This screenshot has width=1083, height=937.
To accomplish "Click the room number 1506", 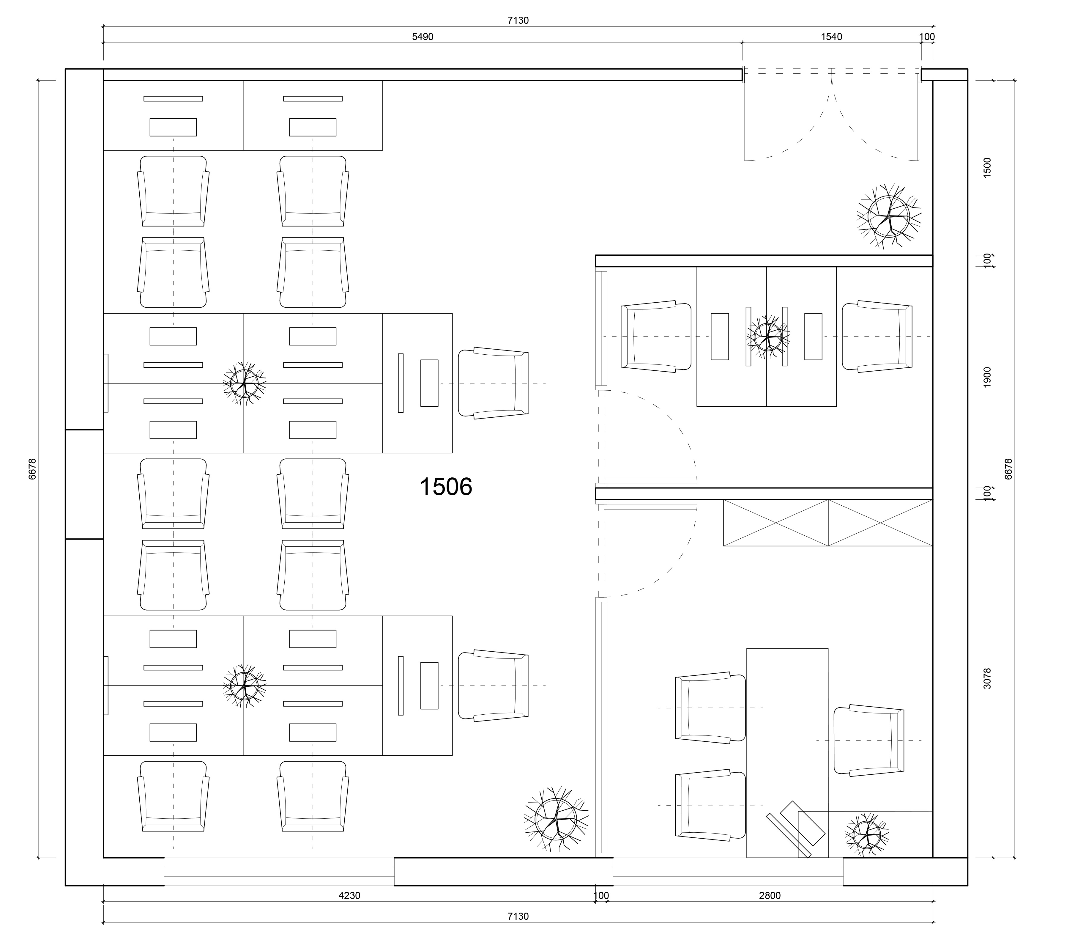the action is click(446, 487).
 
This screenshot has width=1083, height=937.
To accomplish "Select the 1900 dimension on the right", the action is click(987, 377).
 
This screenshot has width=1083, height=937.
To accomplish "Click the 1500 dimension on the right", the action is click(987, 168).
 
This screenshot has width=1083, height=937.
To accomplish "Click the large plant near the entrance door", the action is click(889, 216).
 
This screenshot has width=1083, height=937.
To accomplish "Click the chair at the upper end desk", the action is click(493, 383).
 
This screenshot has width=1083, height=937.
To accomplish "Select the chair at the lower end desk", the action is click(493, 686).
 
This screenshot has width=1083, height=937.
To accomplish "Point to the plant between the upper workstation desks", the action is click(244, 383).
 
